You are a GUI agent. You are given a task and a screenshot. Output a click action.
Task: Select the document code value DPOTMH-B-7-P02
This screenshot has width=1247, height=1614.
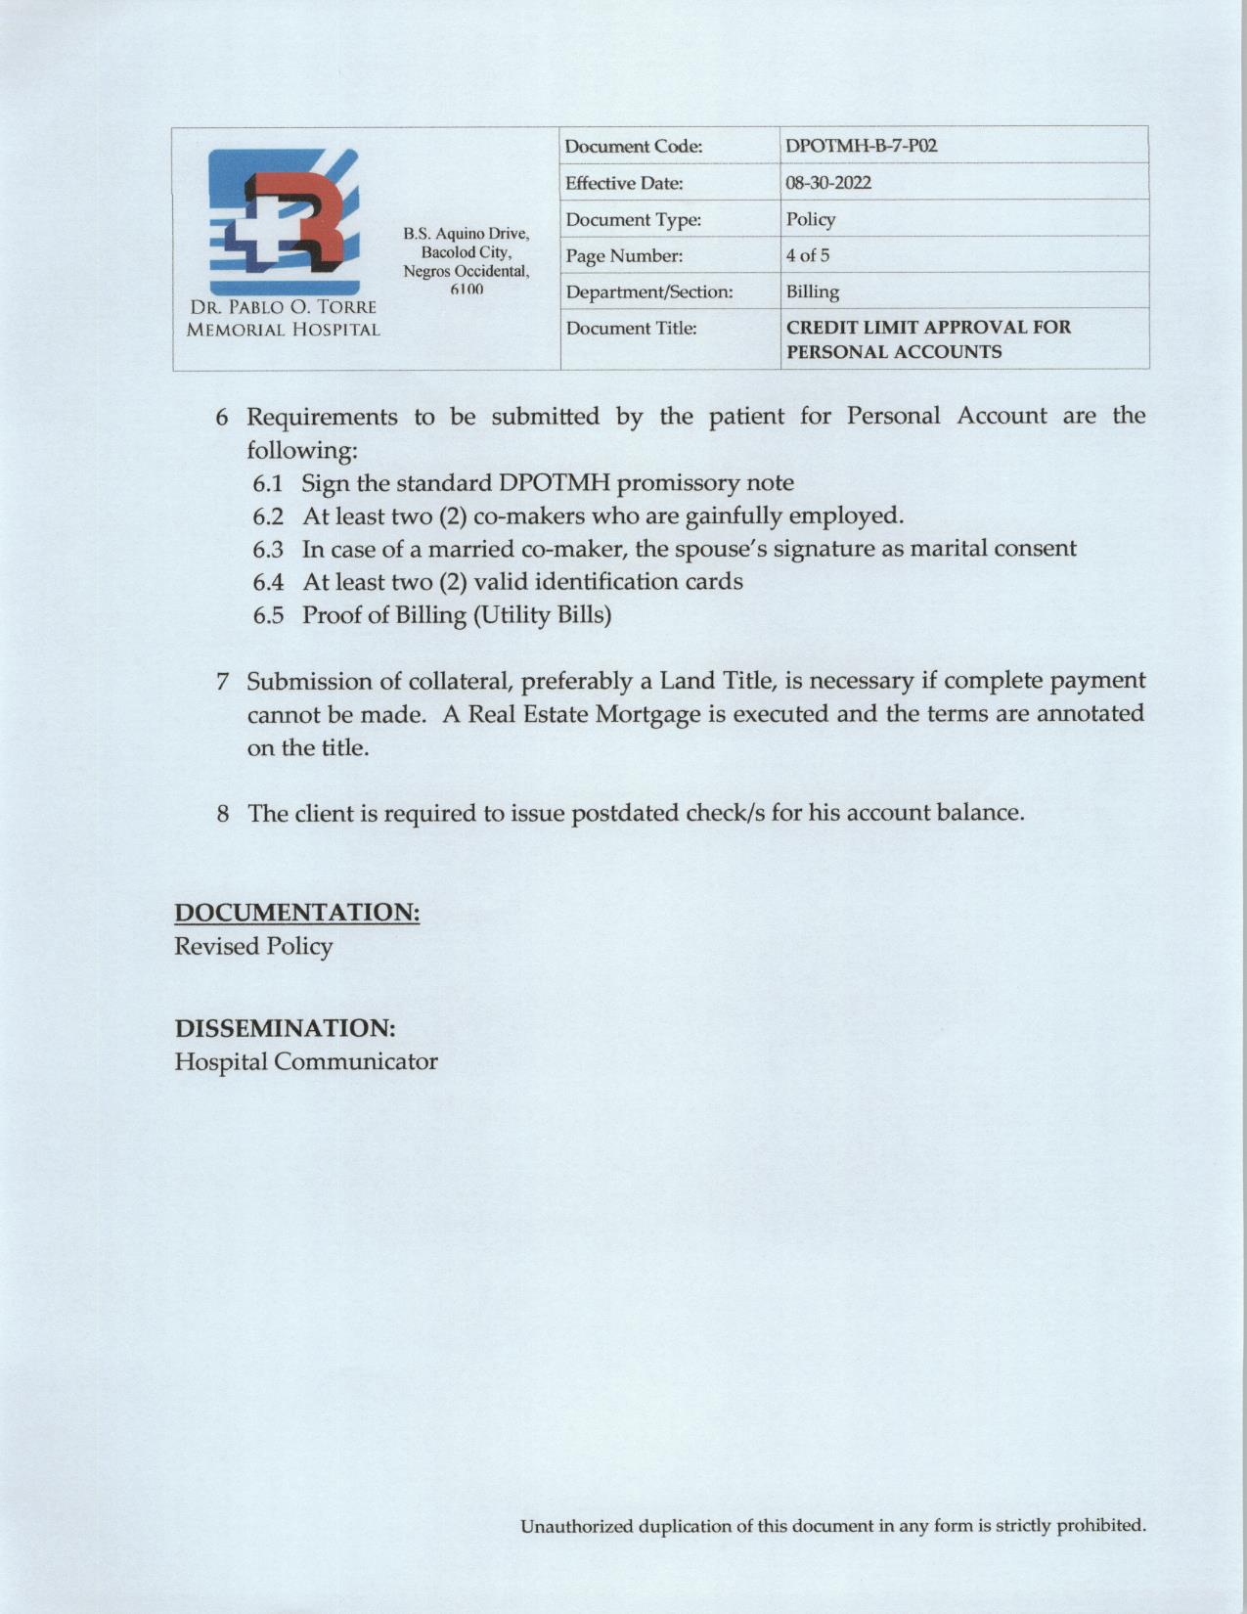pos(862,147)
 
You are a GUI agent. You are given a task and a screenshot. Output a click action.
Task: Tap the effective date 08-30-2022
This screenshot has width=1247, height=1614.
pos(828,183)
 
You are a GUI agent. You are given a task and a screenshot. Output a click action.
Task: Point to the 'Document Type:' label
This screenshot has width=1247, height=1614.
pos(633,219)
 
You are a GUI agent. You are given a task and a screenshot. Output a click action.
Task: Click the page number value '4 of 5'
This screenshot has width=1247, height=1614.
pos(808,255)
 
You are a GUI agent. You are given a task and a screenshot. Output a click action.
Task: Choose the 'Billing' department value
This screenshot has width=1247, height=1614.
pos(812,291)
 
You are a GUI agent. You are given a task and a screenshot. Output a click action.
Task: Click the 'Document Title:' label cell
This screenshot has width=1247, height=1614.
pos(631,329)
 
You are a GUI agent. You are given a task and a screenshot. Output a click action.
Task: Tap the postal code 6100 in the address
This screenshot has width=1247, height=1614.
pos(467,290)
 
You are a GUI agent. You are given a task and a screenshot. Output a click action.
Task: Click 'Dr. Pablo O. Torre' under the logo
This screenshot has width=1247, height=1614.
pos(283,308)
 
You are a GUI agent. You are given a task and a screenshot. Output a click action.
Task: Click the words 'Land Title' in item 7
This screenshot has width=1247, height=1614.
pos(716,681)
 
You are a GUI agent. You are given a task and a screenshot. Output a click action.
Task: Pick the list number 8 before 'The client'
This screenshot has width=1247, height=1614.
pos(224,814)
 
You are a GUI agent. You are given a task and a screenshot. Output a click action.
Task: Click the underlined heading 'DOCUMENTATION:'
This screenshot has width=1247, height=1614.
pos(297,913)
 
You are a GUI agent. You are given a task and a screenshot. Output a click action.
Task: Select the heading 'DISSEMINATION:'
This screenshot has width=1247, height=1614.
pos(285,1028)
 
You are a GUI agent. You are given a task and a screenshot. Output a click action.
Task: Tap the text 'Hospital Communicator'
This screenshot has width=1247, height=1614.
pos(305,1061)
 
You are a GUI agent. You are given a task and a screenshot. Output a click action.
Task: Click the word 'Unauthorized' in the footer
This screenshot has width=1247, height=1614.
pos(576,1525)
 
